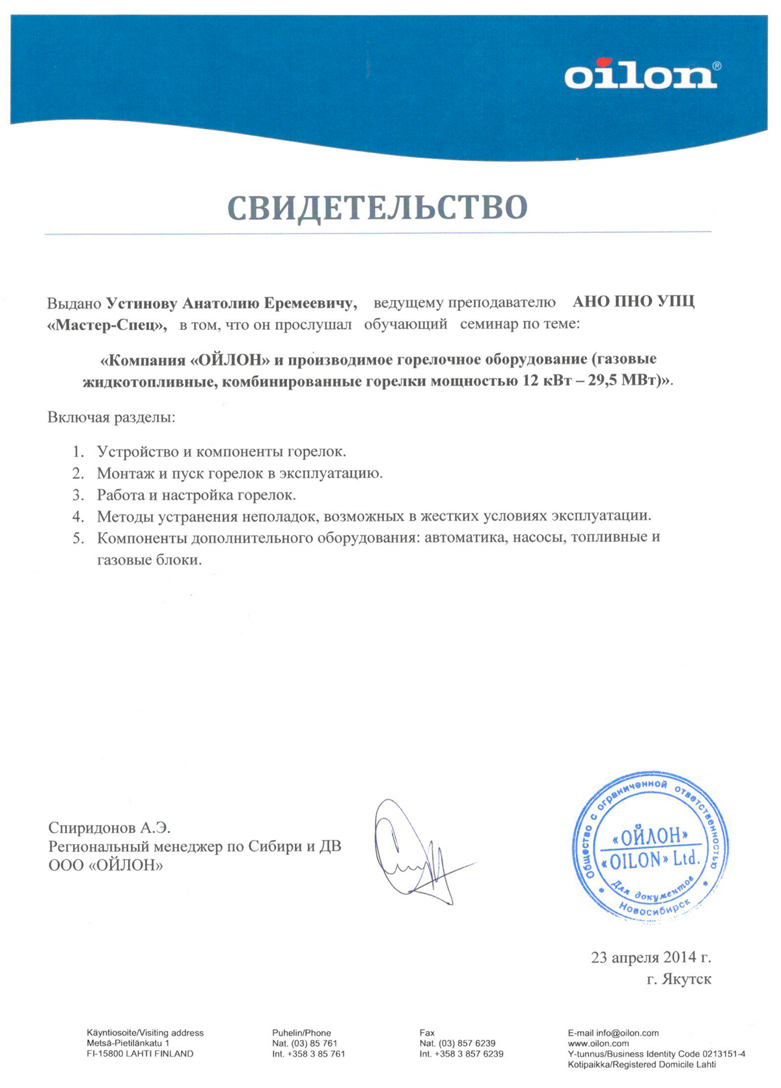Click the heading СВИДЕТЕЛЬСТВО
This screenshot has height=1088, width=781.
pos(377,206)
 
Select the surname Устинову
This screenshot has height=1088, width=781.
pos(141,303)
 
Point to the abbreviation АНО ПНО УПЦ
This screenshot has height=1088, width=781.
pos(633,303)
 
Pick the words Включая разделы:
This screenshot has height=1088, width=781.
pos(111,417)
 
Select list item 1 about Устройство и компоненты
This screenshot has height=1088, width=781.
pos(221,452)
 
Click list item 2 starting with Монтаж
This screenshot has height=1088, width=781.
pos(240,473)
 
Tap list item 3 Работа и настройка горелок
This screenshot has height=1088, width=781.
pos(196,495)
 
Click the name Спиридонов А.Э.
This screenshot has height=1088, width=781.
pos(109,828)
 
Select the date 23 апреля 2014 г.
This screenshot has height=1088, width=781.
pos(650,957)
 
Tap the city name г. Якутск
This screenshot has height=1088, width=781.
pos(679,979)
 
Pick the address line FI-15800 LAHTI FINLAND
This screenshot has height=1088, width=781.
pos(140,1054)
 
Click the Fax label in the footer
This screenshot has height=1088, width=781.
pos(427,1033)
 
